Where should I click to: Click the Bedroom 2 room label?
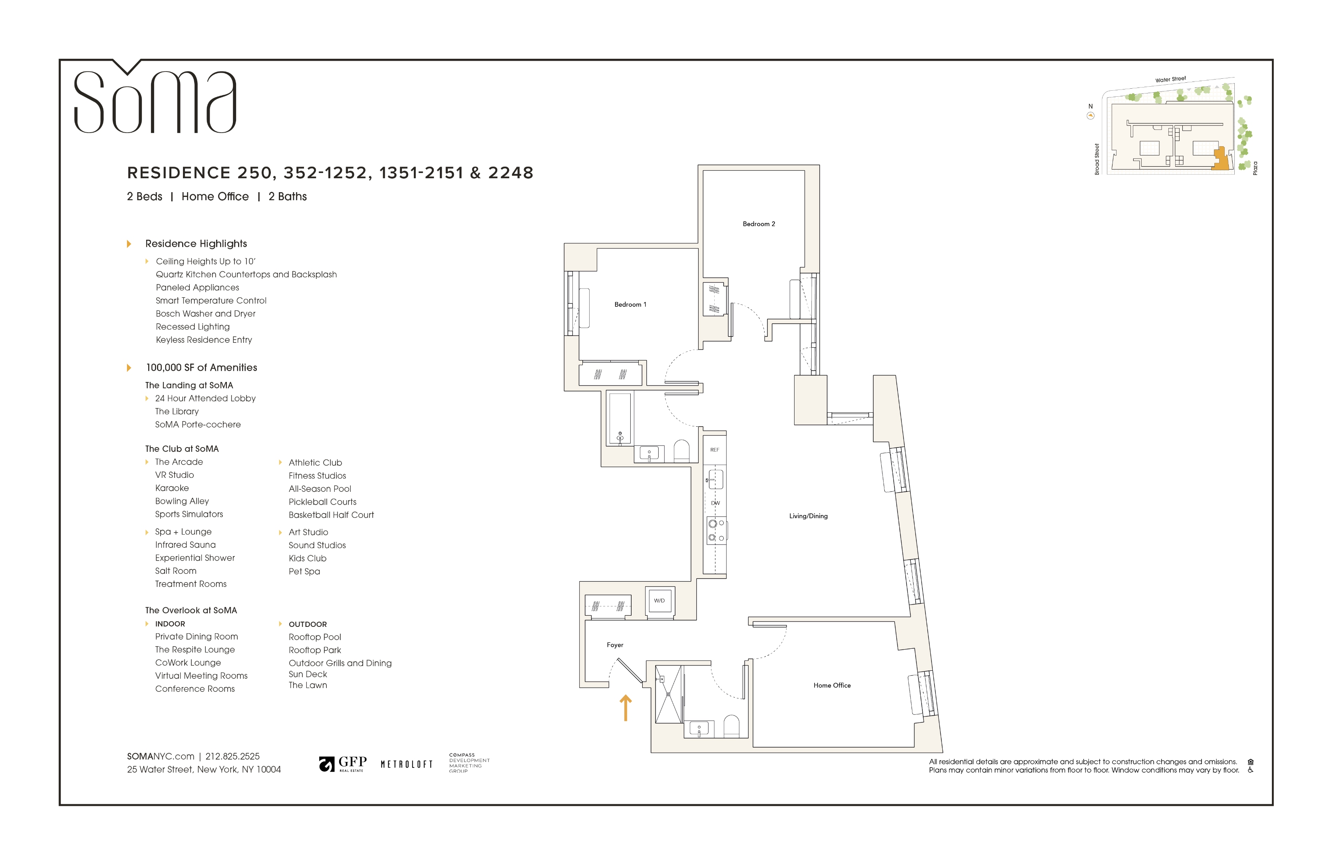click(x=758, y=224)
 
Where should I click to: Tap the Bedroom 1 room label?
click(x=630, y=305)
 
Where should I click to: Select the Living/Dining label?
click(x=808, y=516)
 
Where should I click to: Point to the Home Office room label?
click(x=832, y=686)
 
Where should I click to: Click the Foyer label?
click(x=614, y=645)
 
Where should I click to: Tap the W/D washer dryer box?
click(x=659, y=601)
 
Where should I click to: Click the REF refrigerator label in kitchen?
click(x=714, y=450)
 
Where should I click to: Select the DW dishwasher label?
click(x=715, y=503)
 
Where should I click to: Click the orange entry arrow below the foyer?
click(x=625, y=708)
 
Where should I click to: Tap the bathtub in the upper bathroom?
click(x=620, y=419)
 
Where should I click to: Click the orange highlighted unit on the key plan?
click(x=1221, y=160)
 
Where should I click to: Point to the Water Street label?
click(x=1170, y=80)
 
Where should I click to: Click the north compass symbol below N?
click(x=1090, y=116)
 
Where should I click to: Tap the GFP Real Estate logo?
click(x=343, y=764)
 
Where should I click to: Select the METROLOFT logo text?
click(x=406, y=764)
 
